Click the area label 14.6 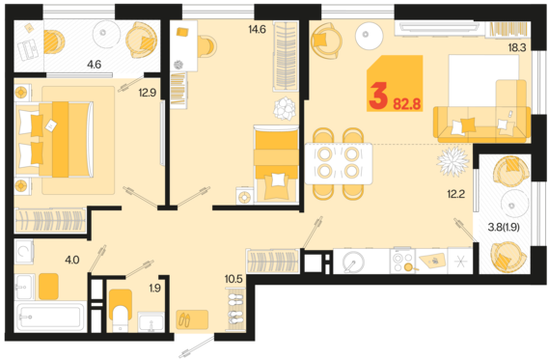257,29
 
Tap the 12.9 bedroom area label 147,93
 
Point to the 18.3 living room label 517,47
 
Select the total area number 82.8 407,104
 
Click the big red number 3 378,96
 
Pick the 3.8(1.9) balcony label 504,227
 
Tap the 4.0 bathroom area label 72,260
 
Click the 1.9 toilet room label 154,288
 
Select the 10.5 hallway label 233,279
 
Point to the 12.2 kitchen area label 455,193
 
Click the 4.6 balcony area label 95,65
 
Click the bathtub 51,317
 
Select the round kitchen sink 353,262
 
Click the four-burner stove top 402,261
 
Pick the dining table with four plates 339,163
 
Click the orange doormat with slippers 192,319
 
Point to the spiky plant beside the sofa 453,161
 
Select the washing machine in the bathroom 24,251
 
